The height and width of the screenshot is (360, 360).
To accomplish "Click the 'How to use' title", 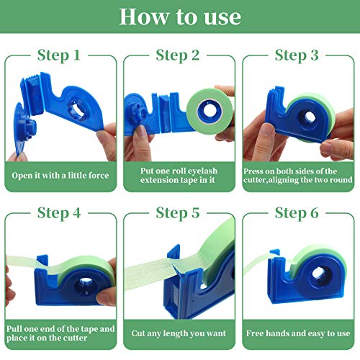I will [180, 16].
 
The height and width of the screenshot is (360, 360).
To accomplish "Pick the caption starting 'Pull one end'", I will [60, 333].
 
